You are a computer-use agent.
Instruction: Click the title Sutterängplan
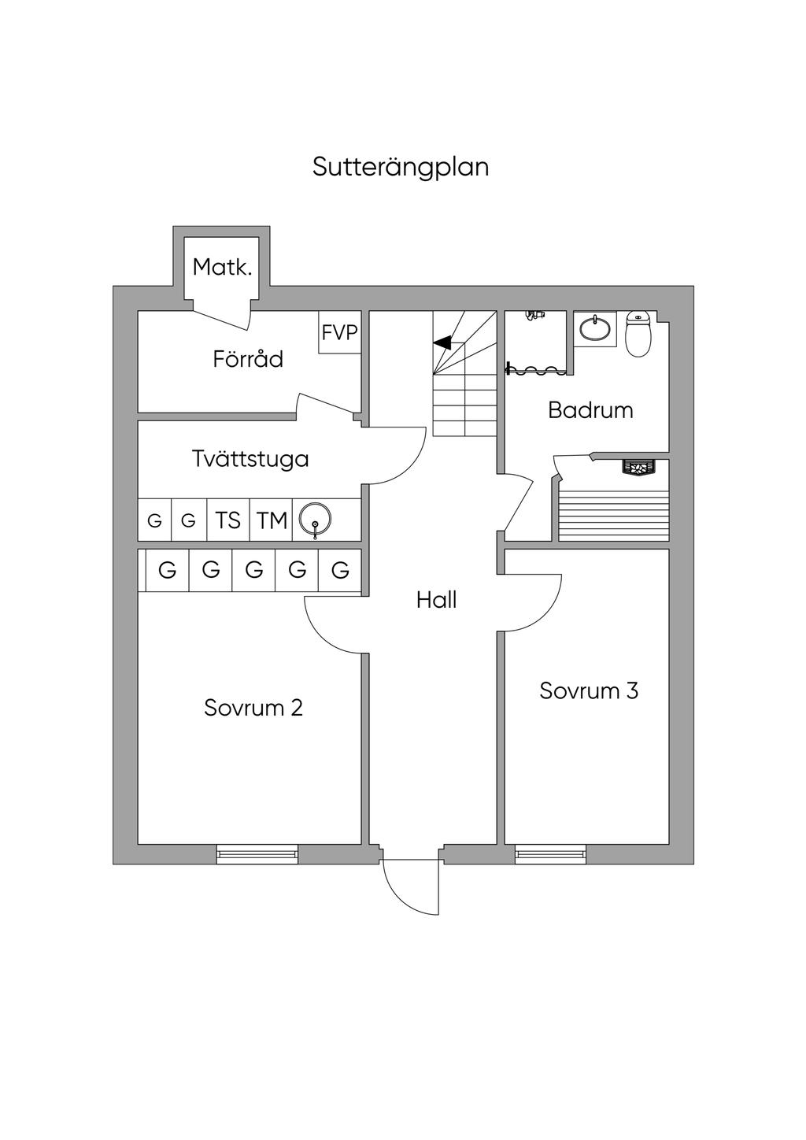[401, 167]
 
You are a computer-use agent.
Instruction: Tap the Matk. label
[223, 268]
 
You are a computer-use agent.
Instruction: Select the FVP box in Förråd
[340, 333]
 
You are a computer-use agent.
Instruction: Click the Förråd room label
[248, 359]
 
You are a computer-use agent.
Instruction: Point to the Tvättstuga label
[250, 458]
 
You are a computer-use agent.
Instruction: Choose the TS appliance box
[228, 520]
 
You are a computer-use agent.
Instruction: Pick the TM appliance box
[272, 520]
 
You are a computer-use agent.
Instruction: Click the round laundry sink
[316, 520]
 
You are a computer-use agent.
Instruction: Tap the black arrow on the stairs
[442, 342]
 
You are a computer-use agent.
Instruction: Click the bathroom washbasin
[595, 329]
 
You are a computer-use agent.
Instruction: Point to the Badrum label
[590, 410]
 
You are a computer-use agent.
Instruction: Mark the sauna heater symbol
[638, 468]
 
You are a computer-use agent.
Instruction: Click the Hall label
[436, 601]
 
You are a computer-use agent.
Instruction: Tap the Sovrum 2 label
[253, 708]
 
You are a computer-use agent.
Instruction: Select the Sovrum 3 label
[589, 690]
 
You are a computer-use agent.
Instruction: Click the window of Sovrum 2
[257, 853]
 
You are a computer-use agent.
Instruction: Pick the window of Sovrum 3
[550, 853]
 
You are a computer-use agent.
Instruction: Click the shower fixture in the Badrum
[535, 315]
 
